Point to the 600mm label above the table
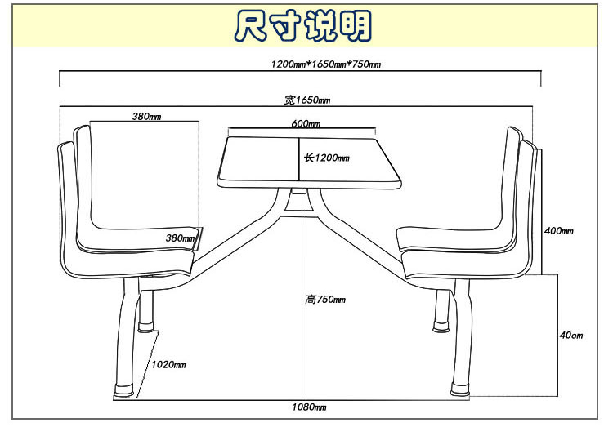pyautogui.click(x=305, y=124)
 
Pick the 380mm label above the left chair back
pyautogui.click(x=146, y=116)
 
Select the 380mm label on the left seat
pyautogui.click(x=180, y=238)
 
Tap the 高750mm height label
pyautogui.click(x=325, y=300)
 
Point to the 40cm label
pyautogui.click(x=571, y=336)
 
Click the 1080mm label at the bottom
pyautogui.click(x=310, y=407)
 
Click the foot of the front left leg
pyautogui.click(x=125, y=391)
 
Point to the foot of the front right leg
pyautogui.click(x=459, y=389)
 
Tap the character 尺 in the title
pyautogui.click(x=251, y=26)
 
